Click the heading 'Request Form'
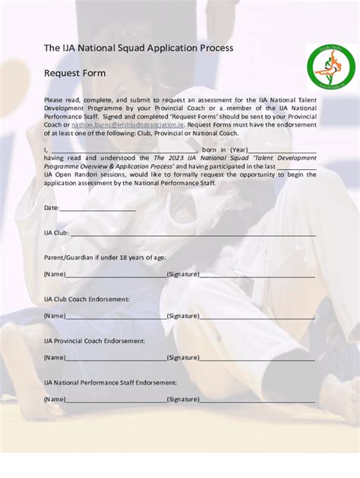coord(74,74)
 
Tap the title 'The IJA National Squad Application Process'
coord(138,48)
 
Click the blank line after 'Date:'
coord(97,209)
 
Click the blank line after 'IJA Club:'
coord(193,234)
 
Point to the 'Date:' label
coord(52,208)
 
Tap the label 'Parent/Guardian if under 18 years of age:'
coord(105,258)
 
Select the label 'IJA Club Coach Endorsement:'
coord(87,299)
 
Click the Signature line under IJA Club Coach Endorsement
coord(257,316)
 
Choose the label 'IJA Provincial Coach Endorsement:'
coord(94,341)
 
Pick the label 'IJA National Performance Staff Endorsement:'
coord(110,382)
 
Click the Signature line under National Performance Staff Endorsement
coord(257,399)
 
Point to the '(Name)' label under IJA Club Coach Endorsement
coord(55,316)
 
